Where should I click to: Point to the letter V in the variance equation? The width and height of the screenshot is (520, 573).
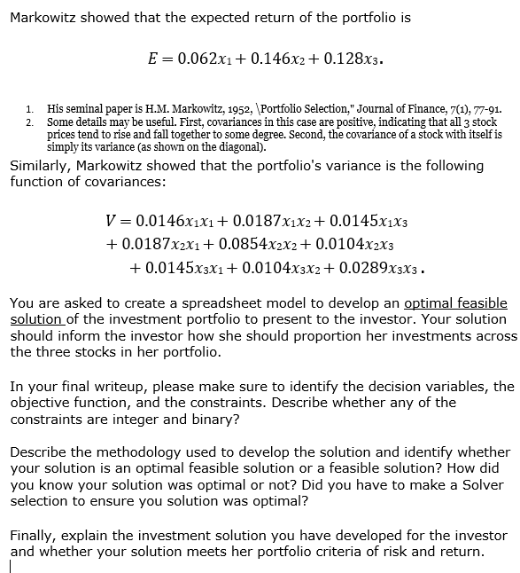coord(111,219)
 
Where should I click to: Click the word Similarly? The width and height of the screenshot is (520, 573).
coord(42,166)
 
